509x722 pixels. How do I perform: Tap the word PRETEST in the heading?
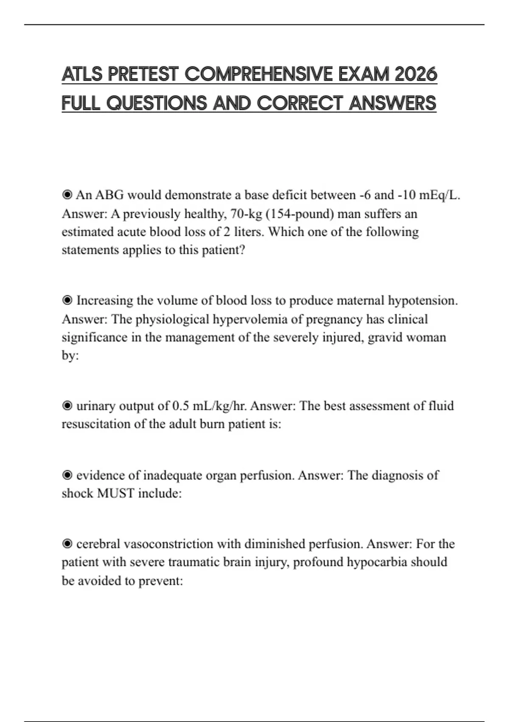143,74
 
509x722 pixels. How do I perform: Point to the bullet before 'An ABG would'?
67,195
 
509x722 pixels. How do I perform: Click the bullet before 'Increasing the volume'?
67,300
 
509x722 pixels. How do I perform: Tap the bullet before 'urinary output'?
67,406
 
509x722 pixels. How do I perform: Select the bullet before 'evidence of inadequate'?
67,475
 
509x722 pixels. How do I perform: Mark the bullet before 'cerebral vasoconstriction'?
67,544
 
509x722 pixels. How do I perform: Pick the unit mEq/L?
439,195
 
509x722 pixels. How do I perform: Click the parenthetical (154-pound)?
299,214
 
